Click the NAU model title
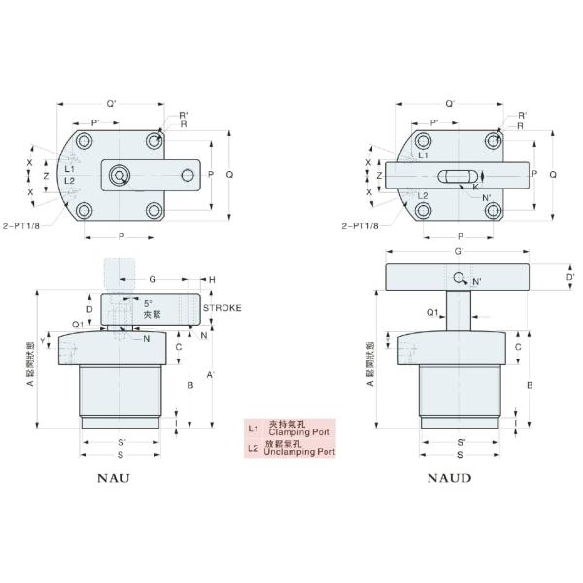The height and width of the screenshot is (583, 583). pos(115,477)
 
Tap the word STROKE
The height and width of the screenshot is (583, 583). pos(223,307)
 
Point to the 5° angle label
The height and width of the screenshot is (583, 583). pos(149,302)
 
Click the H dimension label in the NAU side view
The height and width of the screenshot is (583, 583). pos(212,279)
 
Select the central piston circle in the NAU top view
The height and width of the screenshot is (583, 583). pos(120,175)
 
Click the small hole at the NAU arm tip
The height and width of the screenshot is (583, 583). pos(188,175)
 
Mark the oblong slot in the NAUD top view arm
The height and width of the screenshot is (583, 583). pos(453,175)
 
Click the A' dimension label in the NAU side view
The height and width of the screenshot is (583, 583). pos(213,375)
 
